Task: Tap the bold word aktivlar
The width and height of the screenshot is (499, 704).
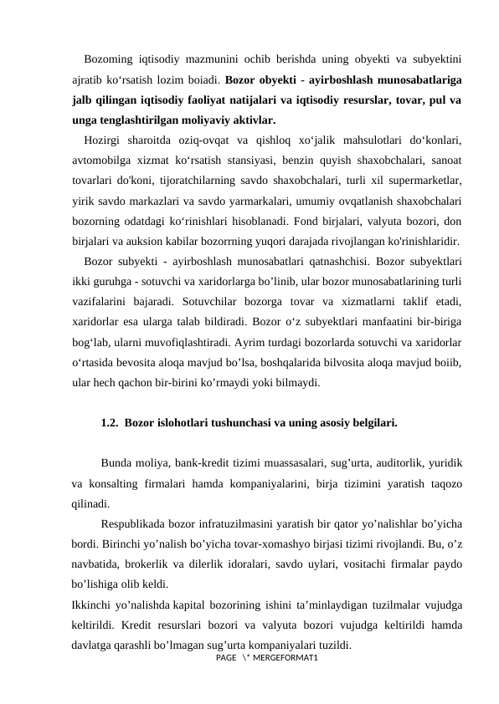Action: [x=249, y=120]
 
